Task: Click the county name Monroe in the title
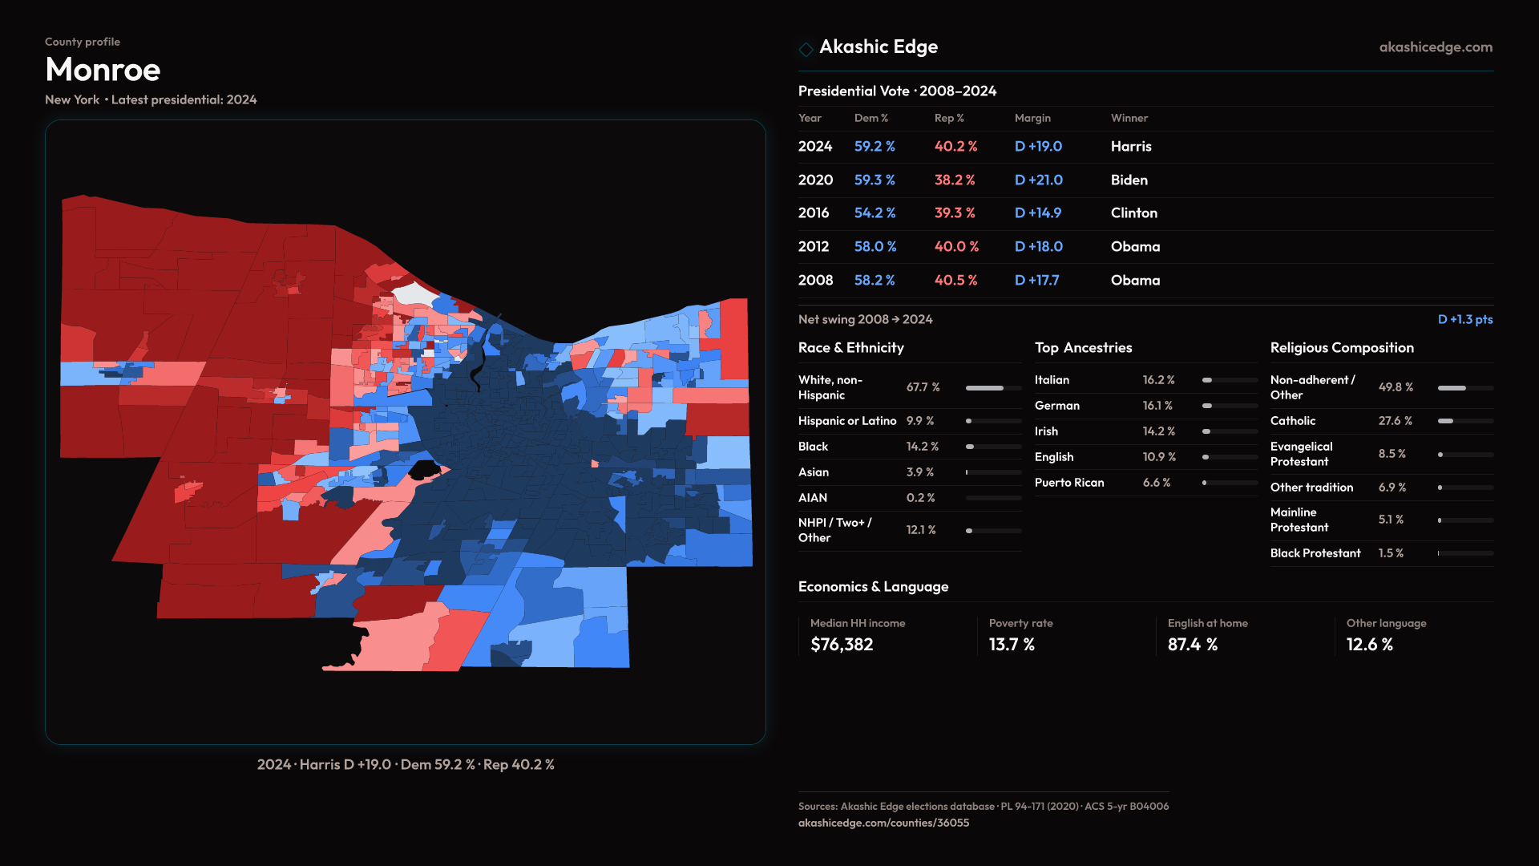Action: coord(103,70)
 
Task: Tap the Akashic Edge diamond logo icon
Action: coord(806,49)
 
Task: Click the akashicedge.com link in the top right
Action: coord(1435,47)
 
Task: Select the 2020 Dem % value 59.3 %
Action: coord(874,180)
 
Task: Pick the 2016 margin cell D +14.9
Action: coord(1037,213)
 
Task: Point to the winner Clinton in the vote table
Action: coord(1133,213)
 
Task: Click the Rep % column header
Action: coord(949,118)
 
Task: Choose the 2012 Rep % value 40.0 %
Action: coord(956,247)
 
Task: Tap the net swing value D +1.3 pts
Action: coord(1464,319)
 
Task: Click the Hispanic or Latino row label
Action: coord(846,421)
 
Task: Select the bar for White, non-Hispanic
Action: coord(993,388)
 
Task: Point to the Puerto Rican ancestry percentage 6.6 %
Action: coord(1156,483)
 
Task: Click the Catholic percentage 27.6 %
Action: coord(1395,421)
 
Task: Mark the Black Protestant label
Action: coord(1315,553)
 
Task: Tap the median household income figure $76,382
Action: coord(842,645)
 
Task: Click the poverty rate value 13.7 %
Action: coord(1012,645)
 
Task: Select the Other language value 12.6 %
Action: coord(1369,645)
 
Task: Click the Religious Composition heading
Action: coord(1341,348)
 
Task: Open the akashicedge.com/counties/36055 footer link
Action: coord(883,823)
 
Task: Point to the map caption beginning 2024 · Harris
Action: coord(406,765)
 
